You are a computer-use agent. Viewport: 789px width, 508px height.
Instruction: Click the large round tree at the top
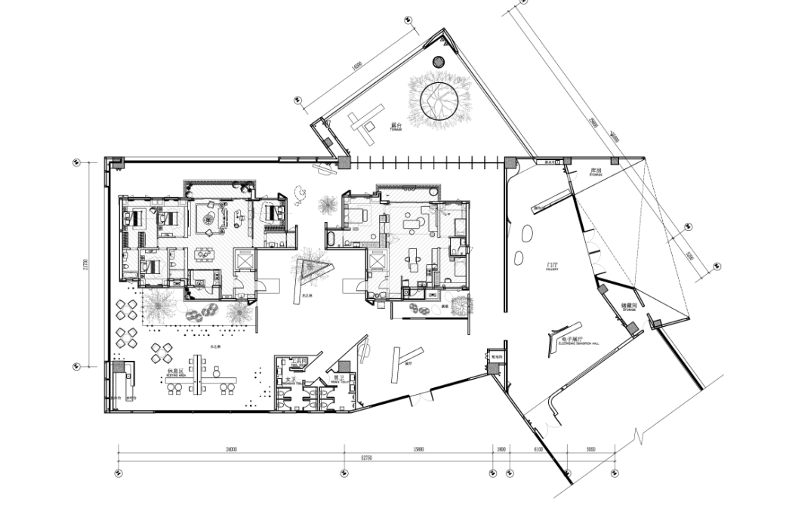coord(439,99)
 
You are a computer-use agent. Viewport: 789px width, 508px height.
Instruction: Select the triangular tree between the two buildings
coord(310,266)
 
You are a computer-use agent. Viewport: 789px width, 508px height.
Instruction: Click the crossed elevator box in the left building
coord(245,260)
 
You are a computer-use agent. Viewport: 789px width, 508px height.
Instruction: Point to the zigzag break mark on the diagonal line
coord(640,436)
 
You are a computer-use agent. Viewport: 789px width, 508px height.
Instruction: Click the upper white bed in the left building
coord(168,219)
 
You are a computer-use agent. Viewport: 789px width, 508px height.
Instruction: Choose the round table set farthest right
coord(162,352)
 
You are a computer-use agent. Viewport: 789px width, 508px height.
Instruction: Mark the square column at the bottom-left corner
coord(119,367)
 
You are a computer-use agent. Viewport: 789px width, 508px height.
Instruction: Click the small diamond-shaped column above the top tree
coord(438,62)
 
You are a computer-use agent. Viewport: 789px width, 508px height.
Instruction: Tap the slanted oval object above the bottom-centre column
coord(365,349)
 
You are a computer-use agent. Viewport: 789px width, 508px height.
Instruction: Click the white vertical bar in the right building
coord(437,218)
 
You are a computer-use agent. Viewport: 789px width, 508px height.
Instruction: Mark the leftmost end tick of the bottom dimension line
coord(119,456)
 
